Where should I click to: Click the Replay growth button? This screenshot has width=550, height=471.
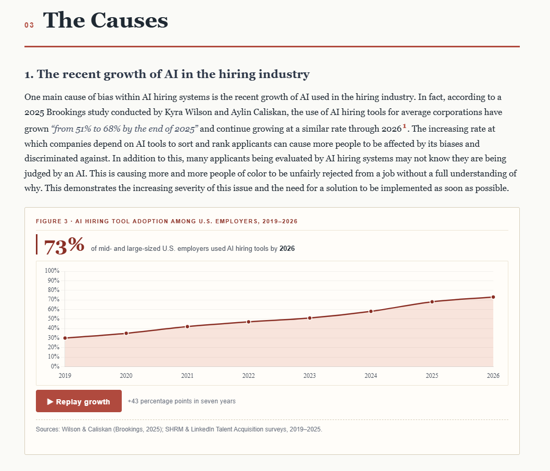point(79,401)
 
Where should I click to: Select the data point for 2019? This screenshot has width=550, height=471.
point(65,338)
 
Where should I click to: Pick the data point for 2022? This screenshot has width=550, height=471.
point(248,322)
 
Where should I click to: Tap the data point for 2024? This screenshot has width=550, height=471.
point(371,311)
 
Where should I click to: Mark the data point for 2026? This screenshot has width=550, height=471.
point(493,297)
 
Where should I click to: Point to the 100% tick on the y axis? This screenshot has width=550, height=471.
point(52,271)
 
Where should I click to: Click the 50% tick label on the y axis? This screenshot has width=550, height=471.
point(54,319)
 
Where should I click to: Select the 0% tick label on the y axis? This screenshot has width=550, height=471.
point(55,366)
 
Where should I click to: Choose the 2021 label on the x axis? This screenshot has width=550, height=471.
point(187,376)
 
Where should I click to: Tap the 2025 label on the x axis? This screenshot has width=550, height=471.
point(432,376)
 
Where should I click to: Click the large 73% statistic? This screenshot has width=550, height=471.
point(64,245)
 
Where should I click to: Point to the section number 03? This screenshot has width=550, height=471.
point(29,26)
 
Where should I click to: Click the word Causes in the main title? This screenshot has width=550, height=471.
point(130,20)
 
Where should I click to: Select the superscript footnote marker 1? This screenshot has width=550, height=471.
point(404,126)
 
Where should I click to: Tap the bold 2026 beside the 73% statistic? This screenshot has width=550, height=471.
point(287,248)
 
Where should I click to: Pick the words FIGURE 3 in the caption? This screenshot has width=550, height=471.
point(52,221)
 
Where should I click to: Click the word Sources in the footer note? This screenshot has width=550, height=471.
point(47,429)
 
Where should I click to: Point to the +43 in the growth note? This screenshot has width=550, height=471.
point(133,401)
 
